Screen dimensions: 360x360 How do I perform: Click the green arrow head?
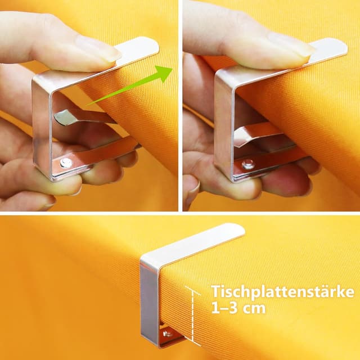click(164, 73)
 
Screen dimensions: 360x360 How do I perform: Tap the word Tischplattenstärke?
click(282, 292)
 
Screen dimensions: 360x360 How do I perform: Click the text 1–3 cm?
click(238, 308)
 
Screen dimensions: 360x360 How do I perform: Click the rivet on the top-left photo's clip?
click(66, 163)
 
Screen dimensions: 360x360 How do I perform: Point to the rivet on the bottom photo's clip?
click(168, 334)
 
